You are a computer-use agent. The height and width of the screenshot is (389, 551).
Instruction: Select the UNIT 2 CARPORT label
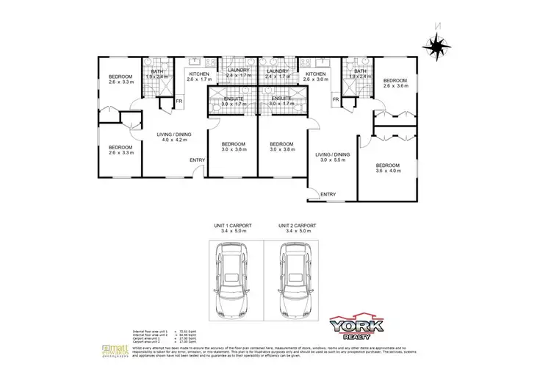(297, 227)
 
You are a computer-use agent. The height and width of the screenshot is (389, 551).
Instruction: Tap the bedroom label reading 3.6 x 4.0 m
(388, 168)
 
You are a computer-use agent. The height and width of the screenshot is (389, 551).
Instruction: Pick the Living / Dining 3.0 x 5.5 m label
(333, 157)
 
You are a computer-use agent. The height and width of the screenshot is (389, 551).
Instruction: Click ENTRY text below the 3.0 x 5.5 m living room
(327, 194)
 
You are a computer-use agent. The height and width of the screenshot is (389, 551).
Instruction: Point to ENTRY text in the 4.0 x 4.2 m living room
(197, 160)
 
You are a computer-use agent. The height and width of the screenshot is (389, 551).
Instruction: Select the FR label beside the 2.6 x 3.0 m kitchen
(336, 99)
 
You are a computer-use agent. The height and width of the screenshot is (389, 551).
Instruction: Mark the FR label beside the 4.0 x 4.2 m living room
(178, 101)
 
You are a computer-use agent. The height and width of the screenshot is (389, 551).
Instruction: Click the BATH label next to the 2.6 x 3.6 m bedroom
(359, 74)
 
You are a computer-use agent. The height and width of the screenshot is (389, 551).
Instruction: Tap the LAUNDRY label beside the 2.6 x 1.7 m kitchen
(238, 74)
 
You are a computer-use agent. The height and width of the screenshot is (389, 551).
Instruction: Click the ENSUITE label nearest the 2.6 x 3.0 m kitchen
(281, 101)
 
